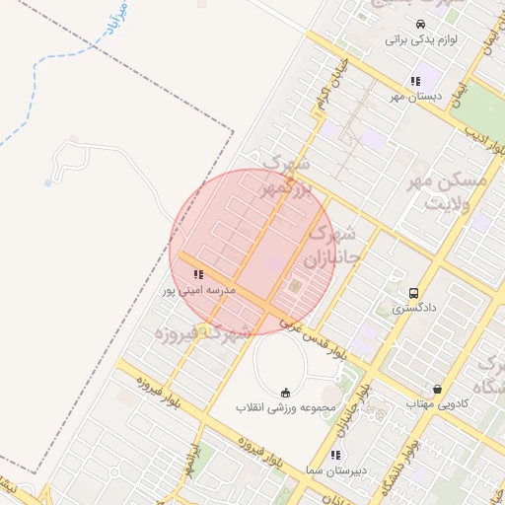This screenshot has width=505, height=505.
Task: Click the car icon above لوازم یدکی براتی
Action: pos(421,24)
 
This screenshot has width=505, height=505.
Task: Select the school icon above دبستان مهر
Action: pos(415,81)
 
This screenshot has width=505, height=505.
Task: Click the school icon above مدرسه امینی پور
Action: pos(198,274)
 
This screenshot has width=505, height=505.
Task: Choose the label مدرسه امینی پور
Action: pos(198,291)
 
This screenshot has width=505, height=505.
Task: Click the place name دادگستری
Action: pos(412,309)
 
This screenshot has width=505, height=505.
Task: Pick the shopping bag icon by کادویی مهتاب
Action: pos(437,389)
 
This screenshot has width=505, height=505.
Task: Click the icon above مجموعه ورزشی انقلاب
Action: pos(286,392)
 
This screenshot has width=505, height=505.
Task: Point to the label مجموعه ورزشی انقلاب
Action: pos(286,407)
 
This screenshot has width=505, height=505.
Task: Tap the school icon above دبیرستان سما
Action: pos(335,455)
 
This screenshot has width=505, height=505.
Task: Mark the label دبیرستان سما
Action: pos(335,470)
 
